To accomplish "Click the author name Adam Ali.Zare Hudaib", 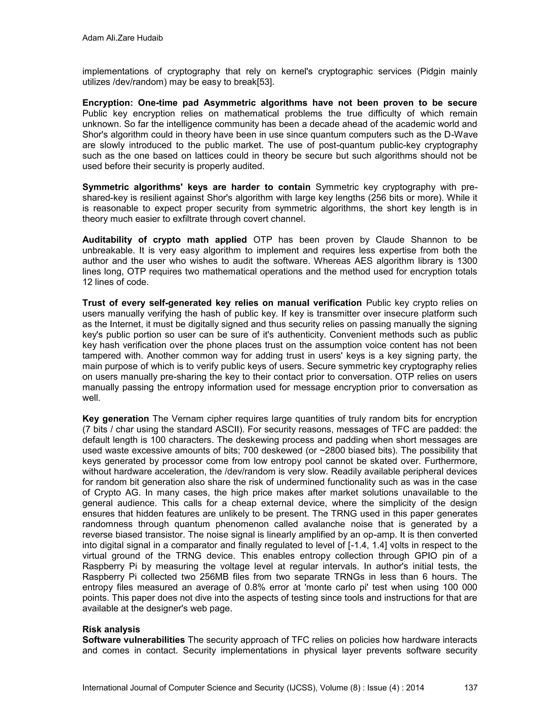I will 122,38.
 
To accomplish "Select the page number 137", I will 470,687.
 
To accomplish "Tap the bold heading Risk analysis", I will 111,629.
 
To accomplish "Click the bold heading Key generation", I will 115,419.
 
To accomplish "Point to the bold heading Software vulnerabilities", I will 133,640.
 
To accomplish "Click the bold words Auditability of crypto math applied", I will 165,240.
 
